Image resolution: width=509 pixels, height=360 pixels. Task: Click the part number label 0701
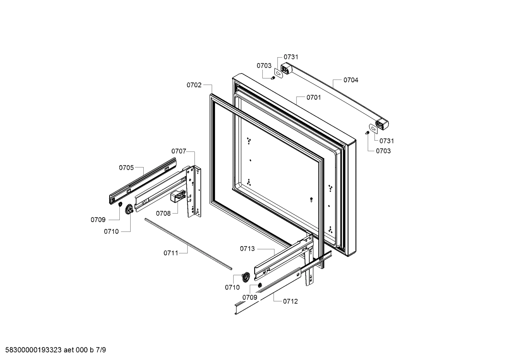click(x=313, y=97)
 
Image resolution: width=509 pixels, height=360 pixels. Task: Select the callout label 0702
click(x=194, y=85)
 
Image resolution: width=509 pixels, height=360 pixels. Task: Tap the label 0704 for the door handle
click(x=351, y=80)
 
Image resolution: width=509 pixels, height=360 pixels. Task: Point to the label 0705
click(x=126, y=167)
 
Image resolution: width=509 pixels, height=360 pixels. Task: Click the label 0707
click(x=179, y=151)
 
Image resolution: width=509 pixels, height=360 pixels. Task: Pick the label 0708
click(x=163, y=213)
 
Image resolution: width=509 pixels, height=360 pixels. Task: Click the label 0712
click(x=290, y=301)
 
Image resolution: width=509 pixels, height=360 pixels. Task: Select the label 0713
click(x=247, y=249)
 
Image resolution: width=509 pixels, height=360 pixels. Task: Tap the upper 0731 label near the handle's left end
click(x=291, y=57)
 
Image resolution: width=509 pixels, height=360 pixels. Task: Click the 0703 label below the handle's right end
click(x=383, y=151)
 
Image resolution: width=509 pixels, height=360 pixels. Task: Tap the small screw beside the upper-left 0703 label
click(x=273, y=77)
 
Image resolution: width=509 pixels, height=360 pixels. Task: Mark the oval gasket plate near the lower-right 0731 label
click(x=373, y=128)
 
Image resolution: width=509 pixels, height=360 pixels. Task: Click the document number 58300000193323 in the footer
click(x=34, y=350)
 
